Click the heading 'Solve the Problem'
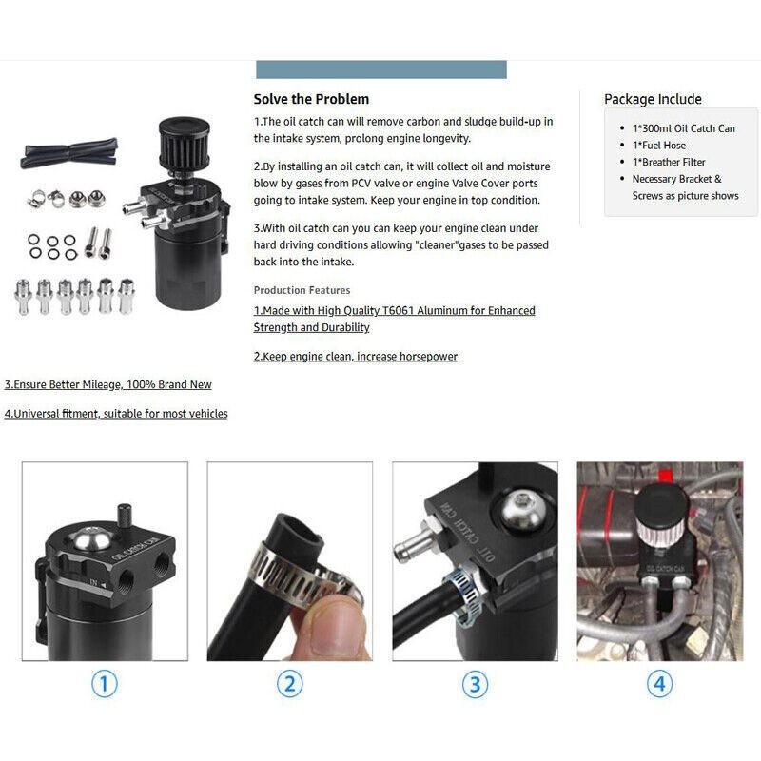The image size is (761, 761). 311,99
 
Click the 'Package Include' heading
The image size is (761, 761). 653,99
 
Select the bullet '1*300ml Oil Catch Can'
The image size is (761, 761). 683,128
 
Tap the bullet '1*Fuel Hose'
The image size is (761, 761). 658,146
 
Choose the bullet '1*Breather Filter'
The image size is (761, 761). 669,163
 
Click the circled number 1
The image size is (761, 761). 105,683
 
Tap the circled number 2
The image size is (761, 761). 289,683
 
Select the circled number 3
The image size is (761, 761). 475,683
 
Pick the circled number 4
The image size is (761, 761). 659,683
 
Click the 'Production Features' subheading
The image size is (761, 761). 302,290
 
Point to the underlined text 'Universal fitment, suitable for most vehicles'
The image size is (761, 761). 116,414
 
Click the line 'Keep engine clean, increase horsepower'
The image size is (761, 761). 355,357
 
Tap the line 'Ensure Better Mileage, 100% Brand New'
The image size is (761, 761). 107,385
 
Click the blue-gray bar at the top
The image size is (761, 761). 381,69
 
